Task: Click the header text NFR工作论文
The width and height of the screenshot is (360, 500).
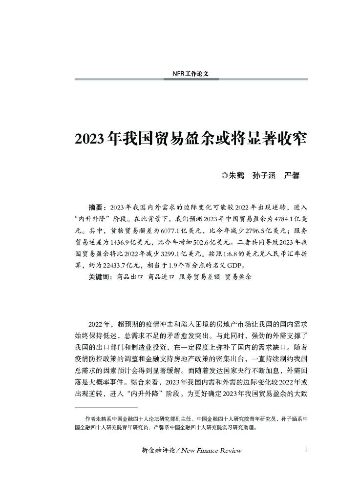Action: [191, 74]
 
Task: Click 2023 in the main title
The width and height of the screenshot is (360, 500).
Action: [88, 138]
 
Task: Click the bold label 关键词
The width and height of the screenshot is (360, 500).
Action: [100, 276]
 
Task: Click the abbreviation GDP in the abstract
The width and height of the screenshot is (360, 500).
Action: [233, 265]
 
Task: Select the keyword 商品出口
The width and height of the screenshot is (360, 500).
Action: [129, 276]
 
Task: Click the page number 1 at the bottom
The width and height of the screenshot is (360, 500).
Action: [305, 449]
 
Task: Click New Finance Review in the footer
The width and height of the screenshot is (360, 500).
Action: [212, 450]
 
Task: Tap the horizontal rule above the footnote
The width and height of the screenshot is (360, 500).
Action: [106, 407]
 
